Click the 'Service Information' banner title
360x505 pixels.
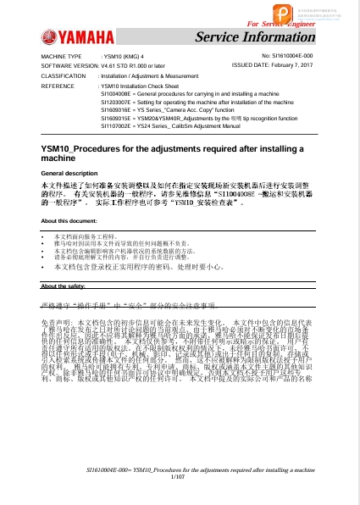coord(253,36)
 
